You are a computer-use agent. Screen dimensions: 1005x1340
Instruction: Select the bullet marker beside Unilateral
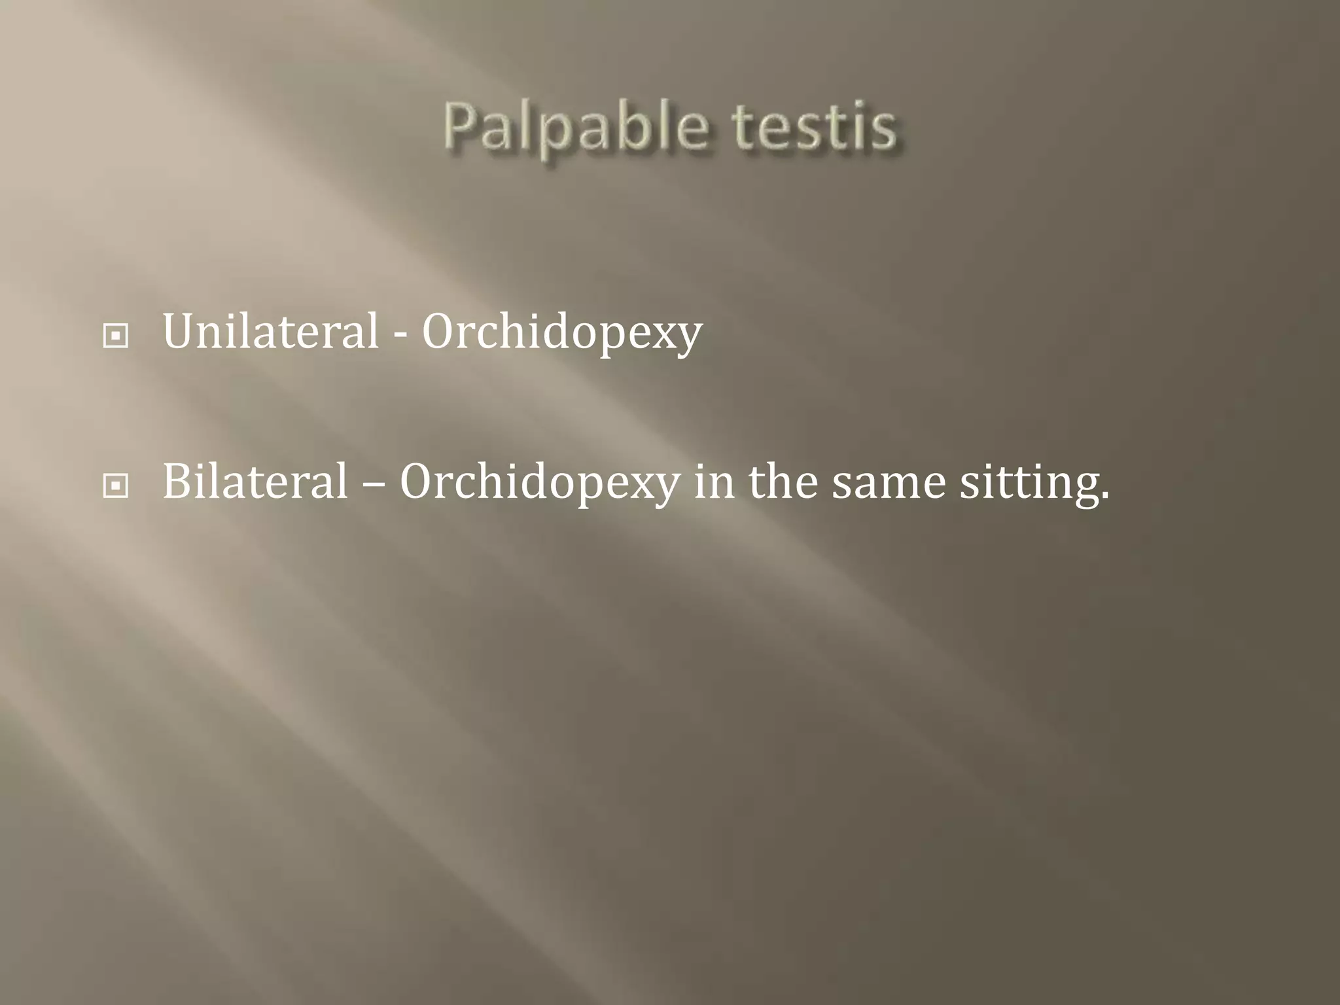point(116,336)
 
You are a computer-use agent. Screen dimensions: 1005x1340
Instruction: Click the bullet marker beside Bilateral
point(116,486)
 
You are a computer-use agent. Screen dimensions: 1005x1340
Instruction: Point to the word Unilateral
point(270,332)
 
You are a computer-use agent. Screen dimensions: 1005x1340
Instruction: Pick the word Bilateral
point(255,482)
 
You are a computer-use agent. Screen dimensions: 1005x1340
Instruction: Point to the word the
point(783,482)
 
